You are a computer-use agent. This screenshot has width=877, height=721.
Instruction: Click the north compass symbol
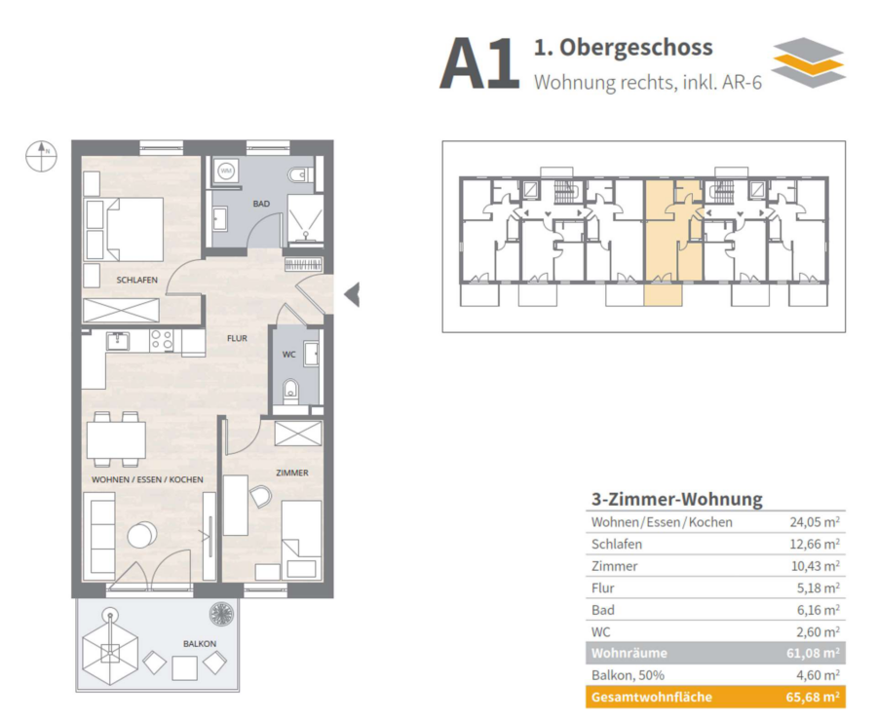[x=41, y=156]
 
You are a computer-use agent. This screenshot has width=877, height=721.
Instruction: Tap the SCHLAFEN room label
[x=137, y=280]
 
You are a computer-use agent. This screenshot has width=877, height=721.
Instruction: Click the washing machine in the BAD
[x=226, y=171]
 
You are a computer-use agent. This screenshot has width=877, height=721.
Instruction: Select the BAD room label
[x=261, y=204]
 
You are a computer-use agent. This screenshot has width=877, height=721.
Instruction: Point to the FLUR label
[x=237, y=338]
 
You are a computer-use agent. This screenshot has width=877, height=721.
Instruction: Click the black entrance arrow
[x=352, y=295]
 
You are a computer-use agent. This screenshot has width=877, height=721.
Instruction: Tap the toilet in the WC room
[x=290, y=390]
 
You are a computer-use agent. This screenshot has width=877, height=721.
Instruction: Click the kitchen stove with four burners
[x=162, y=341]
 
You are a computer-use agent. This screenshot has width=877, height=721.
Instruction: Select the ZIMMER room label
[x=292, y=473]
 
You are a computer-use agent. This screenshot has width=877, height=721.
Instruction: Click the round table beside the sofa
[x=142, y=535]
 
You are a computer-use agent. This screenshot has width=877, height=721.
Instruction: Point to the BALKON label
[x=200, y=644]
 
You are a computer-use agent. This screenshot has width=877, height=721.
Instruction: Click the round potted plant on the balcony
[x=221, y=614]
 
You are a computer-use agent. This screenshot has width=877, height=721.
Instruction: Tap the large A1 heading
[x=479, y=64]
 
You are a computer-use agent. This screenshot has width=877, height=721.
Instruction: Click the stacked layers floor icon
[x=808, y=62]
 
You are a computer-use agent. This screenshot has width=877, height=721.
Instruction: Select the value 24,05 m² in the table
[x=815, y=522]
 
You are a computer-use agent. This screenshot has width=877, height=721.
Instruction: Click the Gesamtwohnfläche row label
[x=652, y=698]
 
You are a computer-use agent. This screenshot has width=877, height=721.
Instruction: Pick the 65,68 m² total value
[x=813, y=698]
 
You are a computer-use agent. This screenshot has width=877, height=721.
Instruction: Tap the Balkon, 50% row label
[x=628, y=675]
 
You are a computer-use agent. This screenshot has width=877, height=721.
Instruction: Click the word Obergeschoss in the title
[x=636, y=48]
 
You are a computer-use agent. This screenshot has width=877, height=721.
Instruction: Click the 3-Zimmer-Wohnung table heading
[x=677, y=499]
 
